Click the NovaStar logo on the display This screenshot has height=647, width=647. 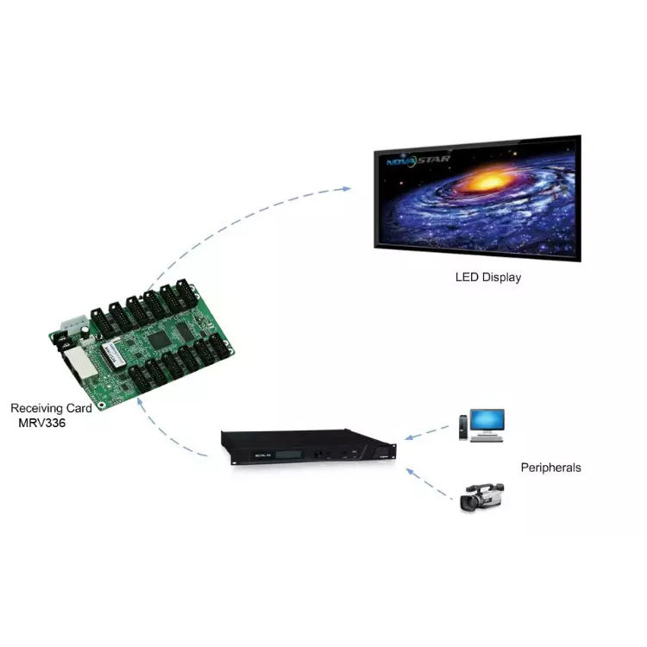pyautogui.click(x=412, y=159)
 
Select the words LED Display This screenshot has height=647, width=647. pyautogui.click(x=487, y=278)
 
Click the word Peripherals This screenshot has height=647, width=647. pyautogui.click(x=550, y=468)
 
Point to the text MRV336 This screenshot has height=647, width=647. pyautogui.click(x=41, y=424)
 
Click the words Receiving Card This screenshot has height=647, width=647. pyautogui.click(x=50, y=408)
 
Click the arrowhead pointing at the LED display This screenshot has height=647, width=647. pyautogui.click(x=346, y=188)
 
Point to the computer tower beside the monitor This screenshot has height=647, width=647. pyautogui.click(x=464, y=425)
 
